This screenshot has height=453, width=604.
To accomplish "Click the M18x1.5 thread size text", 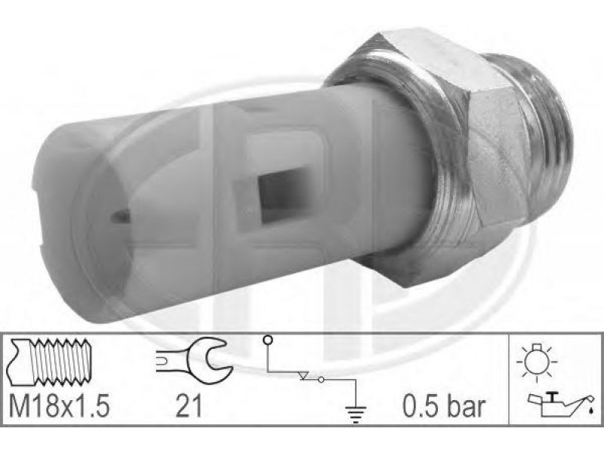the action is click(x=59, y=407).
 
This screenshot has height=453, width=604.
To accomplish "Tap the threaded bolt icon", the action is click(x=48, y=362).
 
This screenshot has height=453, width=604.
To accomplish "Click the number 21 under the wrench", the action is click(x=188, y=407).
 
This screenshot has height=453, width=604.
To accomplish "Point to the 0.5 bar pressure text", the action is click(x=443, y=407).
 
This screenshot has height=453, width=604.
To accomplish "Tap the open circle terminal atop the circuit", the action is click(x=267, y=341).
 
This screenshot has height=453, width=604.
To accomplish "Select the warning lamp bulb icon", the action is click(x=537, y=362).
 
